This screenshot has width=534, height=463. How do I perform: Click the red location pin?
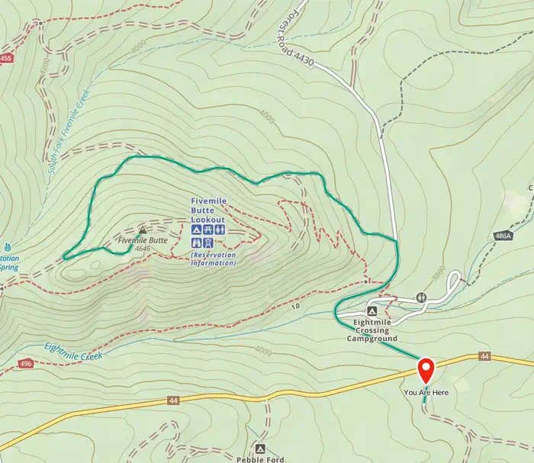(426, 371)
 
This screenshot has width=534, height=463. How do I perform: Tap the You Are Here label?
(426, 392)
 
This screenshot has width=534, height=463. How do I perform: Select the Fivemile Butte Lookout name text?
(208, 210)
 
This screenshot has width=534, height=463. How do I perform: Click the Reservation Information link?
(214, 259)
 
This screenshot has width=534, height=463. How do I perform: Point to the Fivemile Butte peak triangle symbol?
(143, 230)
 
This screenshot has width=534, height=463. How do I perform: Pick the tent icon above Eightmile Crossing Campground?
(372, 312)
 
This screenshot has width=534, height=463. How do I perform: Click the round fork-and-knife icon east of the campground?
(420, 297)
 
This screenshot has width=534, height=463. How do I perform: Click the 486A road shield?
(503, 236)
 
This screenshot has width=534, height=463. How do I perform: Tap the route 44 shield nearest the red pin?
(484, 356)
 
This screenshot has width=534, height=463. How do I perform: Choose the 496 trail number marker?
(26, 364)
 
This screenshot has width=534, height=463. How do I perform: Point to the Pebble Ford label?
(260, 459)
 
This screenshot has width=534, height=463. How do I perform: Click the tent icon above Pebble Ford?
(260, 449)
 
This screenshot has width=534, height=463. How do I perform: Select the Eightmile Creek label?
(73, 347)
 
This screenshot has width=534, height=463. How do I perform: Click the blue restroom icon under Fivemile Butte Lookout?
(220, 230)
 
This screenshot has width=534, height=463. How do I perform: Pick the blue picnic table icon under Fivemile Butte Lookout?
(208, 230)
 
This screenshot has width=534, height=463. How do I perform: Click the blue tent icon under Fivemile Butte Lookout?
(196, 230)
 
